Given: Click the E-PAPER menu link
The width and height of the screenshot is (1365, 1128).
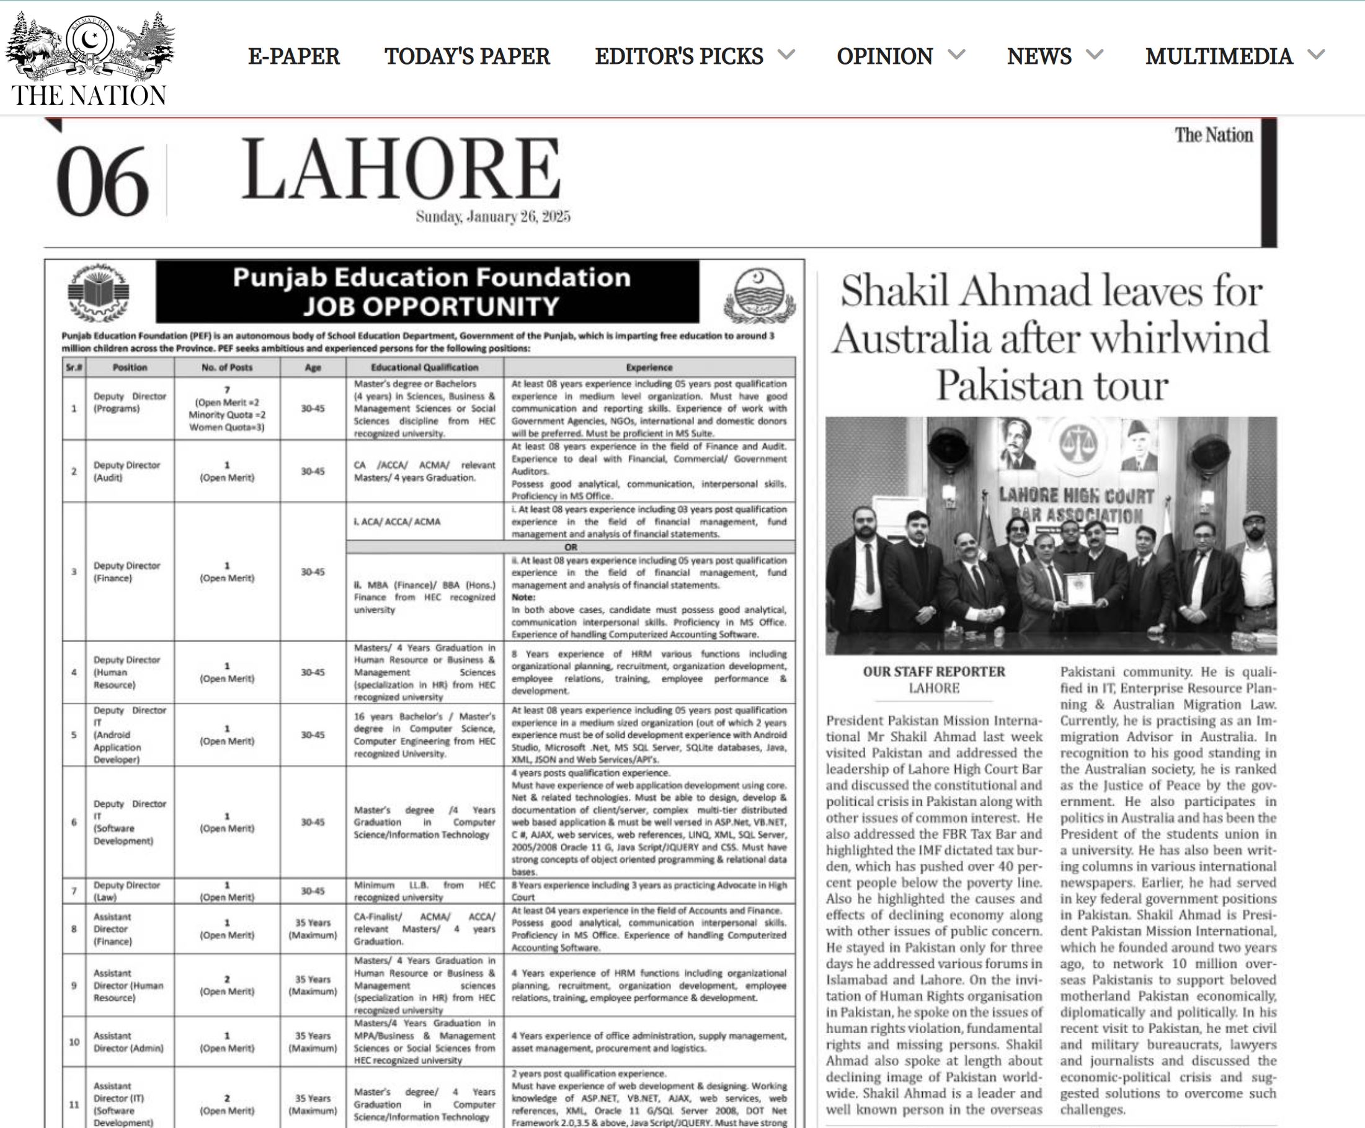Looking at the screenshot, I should click(x=294, y=56).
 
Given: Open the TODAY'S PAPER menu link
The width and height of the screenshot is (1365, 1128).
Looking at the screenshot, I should click(x=467, y=56).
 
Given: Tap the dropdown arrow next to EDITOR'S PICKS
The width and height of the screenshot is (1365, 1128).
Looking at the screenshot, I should click(x=786, y=55).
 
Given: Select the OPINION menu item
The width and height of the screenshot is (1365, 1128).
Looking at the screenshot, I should click(x=884, y=56).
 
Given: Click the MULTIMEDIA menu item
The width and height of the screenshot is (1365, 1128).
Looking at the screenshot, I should click(x=1219, y=56).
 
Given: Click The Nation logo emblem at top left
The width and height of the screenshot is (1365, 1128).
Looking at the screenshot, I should click(x=90, y=45).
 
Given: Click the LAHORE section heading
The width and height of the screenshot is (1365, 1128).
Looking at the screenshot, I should click(x=401, y=169).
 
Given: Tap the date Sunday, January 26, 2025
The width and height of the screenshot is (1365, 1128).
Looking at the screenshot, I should click(x=492, y=216).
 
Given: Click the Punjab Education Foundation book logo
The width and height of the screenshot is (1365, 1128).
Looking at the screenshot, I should click(x=99, y=293).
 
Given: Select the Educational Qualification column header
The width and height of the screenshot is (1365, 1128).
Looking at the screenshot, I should click(x=424, y=367).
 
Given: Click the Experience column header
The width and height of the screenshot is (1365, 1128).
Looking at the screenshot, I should click(x=649, y=367).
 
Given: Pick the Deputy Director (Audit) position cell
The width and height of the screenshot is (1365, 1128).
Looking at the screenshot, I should click(x=127, y=471).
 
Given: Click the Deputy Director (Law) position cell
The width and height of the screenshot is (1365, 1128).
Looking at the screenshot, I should click(x=127, y=891).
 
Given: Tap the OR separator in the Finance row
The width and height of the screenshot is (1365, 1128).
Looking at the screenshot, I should click(x=571, y=547).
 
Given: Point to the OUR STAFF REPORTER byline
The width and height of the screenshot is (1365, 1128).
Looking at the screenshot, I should click(x=933, y=672).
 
